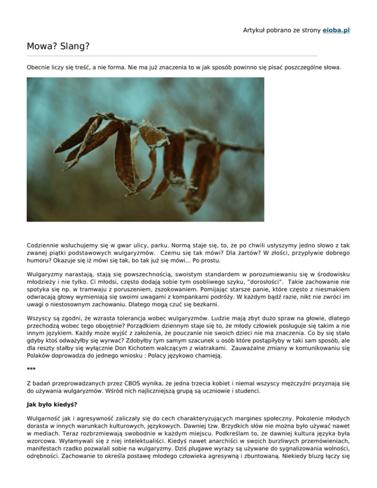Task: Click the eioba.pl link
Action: point(336,30)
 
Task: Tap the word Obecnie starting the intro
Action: point(40,66)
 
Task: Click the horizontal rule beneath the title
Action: point(172,55)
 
